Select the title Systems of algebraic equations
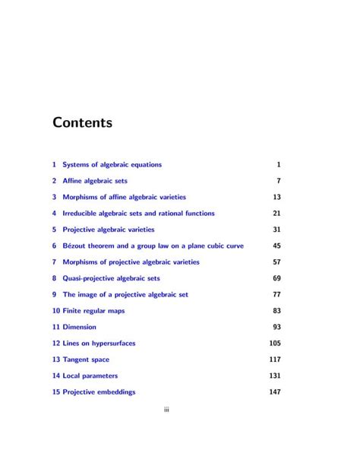[x=112, y=164]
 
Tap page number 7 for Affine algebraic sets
[x=279, y=181]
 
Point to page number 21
[x=276, y=214]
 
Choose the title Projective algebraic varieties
[x=108, y=230]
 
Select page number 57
[x=276, y=262]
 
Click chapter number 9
[x=55, y=294]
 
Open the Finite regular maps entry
[x=96, y=311]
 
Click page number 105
[x=275, y=344]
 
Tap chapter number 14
[x=56, y=376]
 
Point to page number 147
[x=275, y=392]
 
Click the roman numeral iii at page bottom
[x=166, y=411]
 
